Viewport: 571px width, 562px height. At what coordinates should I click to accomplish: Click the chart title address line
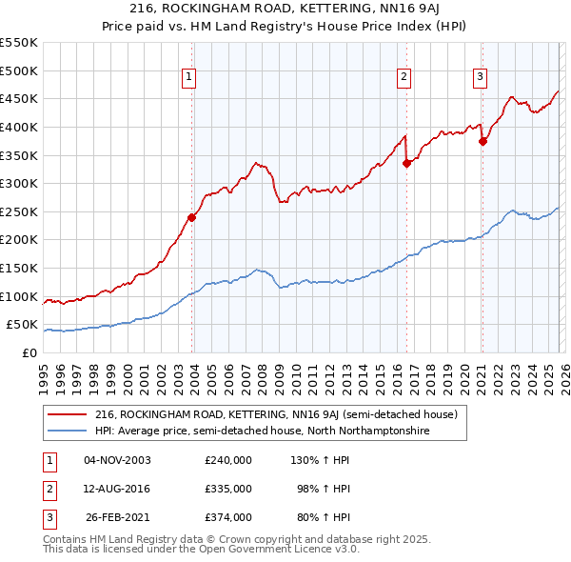[285, 10]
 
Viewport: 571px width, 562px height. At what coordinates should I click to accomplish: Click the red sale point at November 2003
[191, 217]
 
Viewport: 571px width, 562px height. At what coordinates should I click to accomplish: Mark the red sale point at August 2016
[406, 163]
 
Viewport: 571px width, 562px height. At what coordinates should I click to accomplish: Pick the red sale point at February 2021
[482, 141]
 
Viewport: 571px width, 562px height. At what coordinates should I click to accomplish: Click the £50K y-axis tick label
[22, 325]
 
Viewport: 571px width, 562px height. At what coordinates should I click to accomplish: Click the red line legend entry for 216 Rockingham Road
[277, 414]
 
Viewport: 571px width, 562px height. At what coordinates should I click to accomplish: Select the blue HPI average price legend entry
[263, 432]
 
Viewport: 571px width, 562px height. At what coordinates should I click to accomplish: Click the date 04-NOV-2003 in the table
[117, 460]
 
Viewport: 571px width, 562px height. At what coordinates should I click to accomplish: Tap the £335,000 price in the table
[227, 489]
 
